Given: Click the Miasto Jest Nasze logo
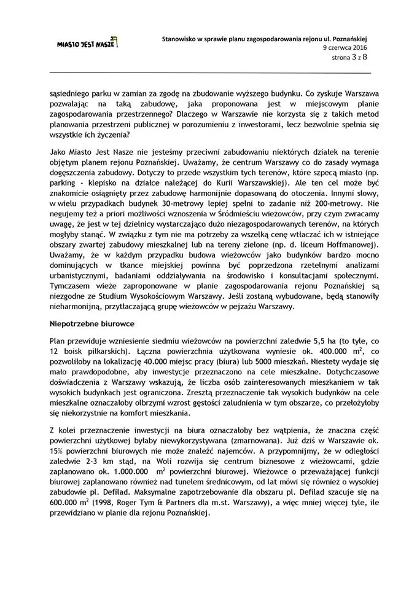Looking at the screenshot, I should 87,44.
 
